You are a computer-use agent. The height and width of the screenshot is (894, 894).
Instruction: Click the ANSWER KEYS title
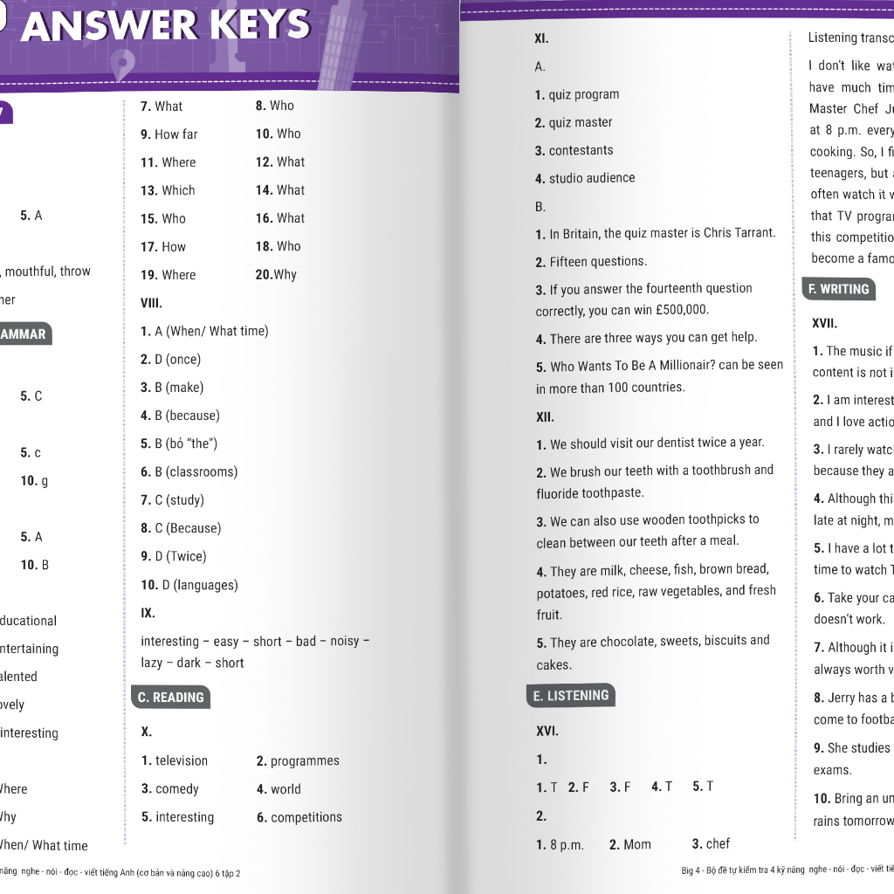[166, 26]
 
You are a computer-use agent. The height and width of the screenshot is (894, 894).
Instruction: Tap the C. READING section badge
[171, 697]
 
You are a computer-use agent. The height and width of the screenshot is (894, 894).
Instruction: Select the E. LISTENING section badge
[572, 695]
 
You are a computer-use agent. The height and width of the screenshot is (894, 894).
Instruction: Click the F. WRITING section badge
[838, 289]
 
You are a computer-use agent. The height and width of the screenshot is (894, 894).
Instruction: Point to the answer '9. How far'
[169, 134]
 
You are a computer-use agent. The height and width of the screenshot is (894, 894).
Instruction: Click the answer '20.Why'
[276, 274]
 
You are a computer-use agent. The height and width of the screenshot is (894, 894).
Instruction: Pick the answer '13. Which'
[168, 190]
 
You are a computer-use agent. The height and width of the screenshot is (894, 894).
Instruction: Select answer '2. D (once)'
[170, 359]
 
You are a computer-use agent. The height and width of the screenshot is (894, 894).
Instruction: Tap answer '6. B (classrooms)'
[189, 471]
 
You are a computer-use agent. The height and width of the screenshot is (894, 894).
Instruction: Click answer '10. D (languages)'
[189, 585]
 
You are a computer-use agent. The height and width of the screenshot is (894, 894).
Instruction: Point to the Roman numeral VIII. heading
[151, 303]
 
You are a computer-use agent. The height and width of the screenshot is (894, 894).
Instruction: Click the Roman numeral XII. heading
[545, 416]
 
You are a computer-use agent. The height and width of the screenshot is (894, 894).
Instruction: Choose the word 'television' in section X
[182, 760]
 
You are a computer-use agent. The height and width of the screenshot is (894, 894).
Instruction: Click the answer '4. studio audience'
[585, 178]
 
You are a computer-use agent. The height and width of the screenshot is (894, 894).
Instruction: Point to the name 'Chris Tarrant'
[739, 233]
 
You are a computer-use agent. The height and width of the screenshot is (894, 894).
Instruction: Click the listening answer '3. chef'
[711, 843]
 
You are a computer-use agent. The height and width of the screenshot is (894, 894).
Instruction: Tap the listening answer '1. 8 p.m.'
[560, 844]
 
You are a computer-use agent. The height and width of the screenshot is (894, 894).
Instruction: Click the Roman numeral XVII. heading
[824, 323]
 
